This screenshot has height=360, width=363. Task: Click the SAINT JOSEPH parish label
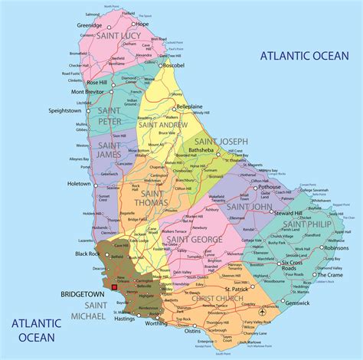point(221,142)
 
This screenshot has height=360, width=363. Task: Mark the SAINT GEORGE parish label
point(196,240)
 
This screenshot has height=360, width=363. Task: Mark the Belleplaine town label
point(194,106)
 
